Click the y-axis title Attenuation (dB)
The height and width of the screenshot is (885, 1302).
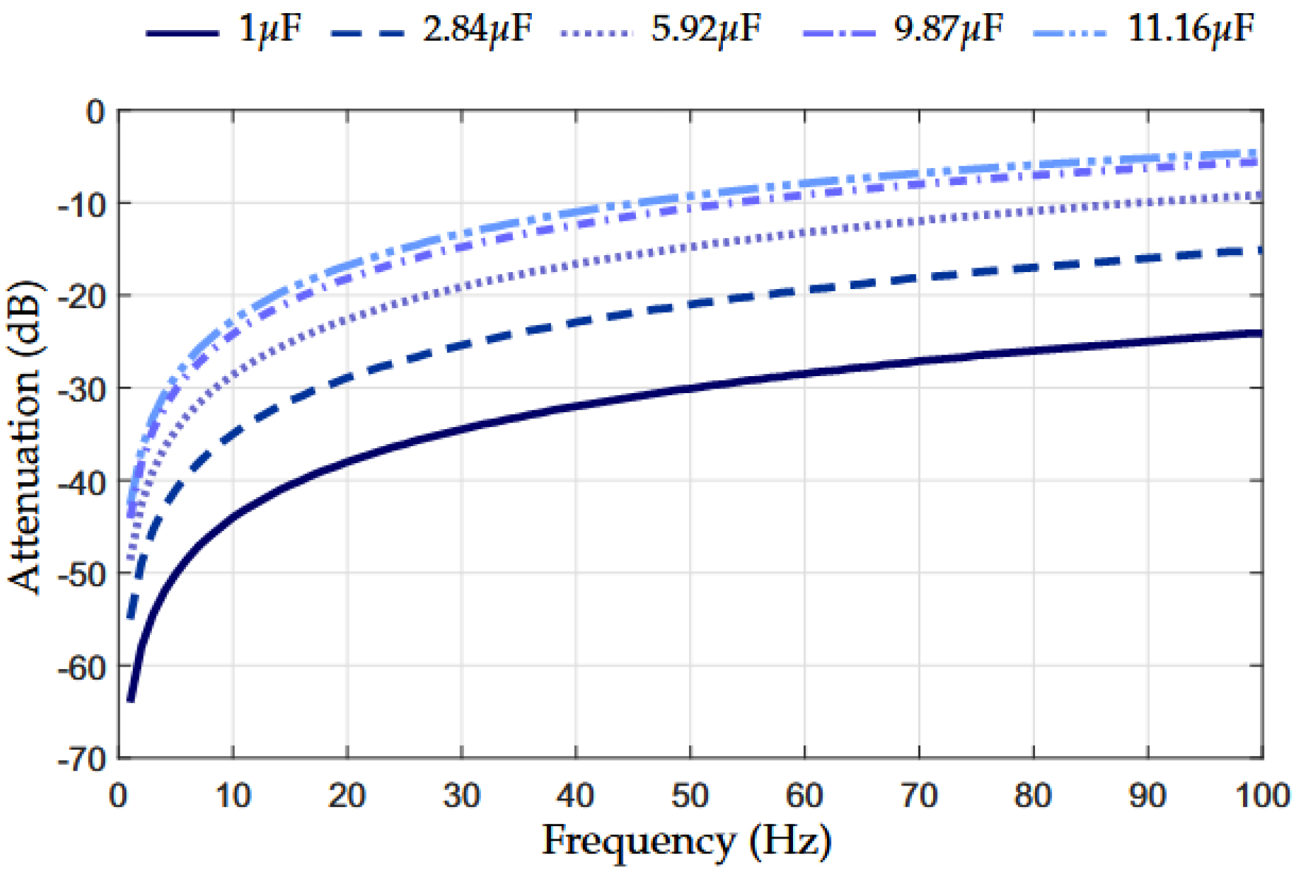coord(25,437)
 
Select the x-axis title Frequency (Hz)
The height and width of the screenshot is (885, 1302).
coord(686,841)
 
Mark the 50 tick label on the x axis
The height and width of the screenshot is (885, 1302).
coord(690,796)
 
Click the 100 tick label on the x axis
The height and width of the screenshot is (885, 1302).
coord(1261,796)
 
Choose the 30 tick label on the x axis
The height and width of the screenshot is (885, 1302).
coord(461,796)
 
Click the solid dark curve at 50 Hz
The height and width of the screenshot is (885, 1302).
coord(690,388)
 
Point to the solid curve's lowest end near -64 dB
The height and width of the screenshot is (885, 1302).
coord(131,699)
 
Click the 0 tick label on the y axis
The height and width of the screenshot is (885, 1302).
coord(96,113)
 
